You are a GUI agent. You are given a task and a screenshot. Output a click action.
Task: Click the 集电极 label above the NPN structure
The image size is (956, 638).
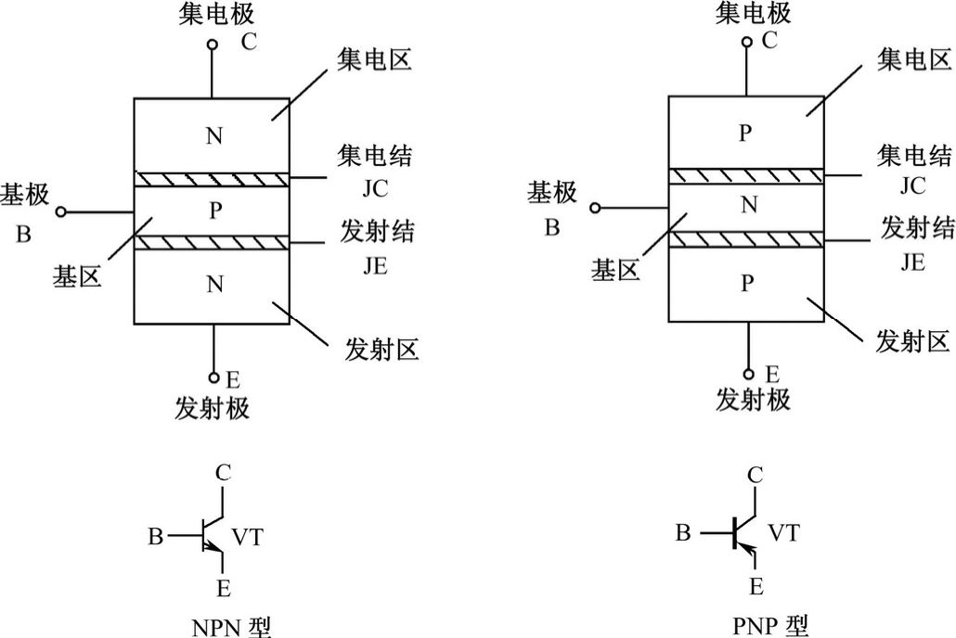coord(214,15)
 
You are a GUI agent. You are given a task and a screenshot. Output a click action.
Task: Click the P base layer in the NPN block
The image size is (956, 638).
coord(214,211)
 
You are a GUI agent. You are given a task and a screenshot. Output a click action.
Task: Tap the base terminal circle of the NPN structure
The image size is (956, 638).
coord(61,212)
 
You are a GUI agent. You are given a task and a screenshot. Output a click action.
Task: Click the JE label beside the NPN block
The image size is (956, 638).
coord(375,266)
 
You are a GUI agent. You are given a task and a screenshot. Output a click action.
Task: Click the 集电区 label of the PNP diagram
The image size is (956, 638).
coord(913,61)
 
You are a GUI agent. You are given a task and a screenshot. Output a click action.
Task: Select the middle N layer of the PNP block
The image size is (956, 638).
coord(748,206)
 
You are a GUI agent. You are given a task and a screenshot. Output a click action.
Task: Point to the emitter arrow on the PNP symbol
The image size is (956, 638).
coord(753,555)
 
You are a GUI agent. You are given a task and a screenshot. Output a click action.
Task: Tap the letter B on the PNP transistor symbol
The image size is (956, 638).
coord(683,533)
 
